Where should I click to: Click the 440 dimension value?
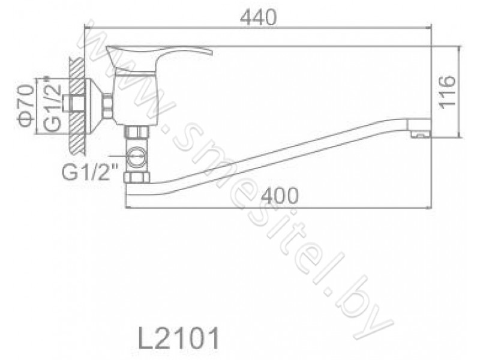258,17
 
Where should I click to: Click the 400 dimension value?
280,196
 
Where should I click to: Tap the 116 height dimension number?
448,92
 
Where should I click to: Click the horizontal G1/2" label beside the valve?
90,173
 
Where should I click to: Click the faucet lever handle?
159,57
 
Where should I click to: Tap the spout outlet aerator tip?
419,128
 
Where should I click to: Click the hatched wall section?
77,107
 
